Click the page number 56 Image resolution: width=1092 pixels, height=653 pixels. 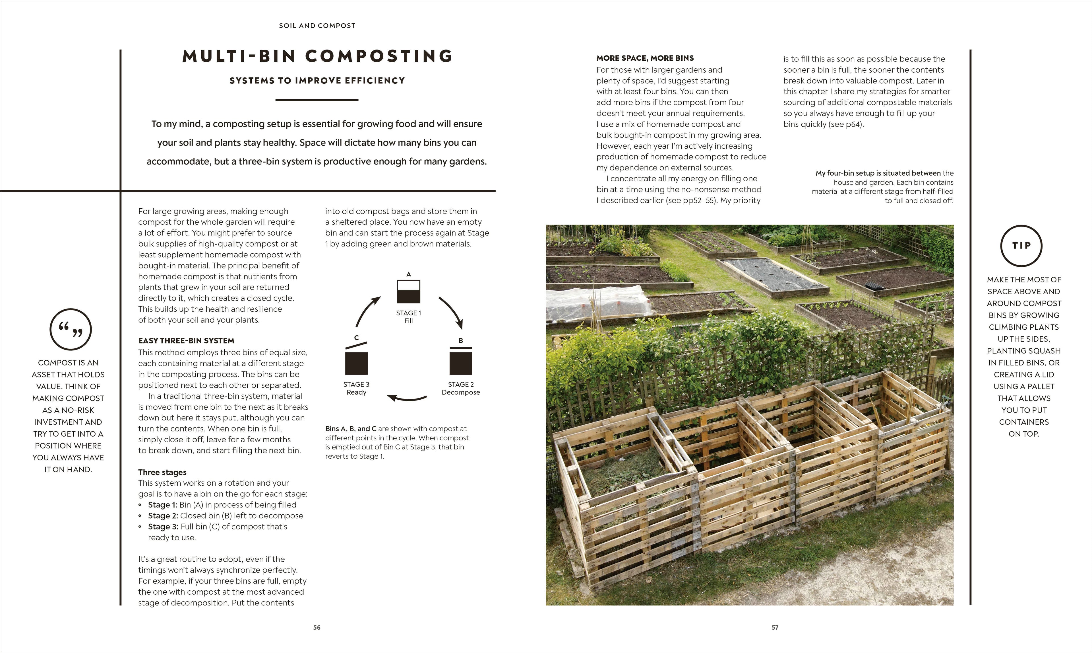pos(317,627)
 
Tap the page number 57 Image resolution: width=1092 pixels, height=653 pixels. pos(775,627)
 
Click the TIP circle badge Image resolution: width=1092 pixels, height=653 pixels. pos(1021,246)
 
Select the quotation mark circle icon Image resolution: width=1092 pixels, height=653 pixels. pos(70,329)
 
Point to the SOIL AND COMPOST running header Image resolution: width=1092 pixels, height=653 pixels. pos(317,26)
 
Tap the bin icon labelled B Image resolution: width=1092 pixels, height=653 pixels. pos(460,361)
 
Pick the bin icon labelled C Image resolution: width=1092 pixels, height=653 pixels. pos(356,361)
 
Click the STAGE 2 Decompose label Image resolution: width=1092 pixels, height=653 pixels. pos(460,388)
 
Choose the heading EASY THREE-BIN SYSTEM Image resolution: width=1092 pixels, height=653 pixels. pos(186,340)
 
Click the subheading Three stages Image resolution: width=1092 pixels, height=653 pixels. pos(162,472)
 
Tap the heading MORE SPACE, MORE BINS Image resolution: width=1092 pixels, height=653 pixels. pos(645,58)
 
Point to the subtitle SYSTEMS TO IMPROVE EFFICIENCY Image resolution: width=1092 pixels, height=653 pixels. pos(317,81)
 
